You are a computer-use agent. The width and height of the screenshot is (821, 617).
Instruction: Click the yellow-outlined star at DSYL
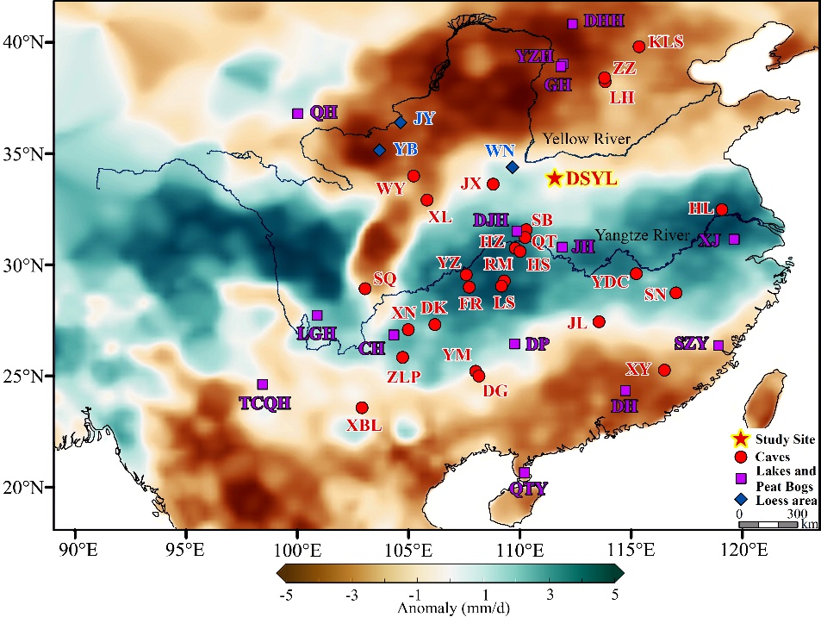(x=555, y=178)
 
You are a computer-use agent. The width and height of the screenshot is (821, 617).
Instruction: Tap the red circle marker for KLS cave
(x=638, y=47)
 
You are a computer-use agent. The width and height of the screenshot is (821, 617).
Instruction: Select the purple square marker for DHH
(x=572, y=23)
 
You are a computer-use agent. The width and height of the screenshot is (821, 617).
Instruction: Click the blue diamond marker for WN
(x=512, y=167)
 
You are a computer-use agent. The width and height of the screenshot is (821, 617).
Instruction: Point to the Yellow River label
(x=587, y=140)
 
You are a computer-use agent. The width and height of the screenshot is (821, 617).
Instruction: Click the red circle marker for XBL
(x=362, y=408)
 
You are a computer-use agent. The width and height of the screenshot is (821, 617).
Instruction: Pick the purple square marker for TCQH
(x=263, y=384)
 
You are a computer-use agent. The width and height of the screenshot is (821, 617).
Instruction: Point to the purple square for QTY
(x=524, y=473)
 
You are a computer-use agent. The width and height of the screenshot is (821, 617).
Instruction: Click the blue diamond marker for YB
(x=378, y=150)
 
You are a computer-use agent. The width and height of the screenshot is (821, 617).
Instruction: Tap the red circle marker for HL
(x=722, y=209)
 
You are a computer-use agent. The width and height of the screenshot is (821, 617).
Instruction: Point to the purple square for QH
(x=298, y=114)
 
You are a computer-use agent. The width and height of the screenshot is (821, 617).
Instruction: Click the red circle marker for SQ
(x=364, y=288)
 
